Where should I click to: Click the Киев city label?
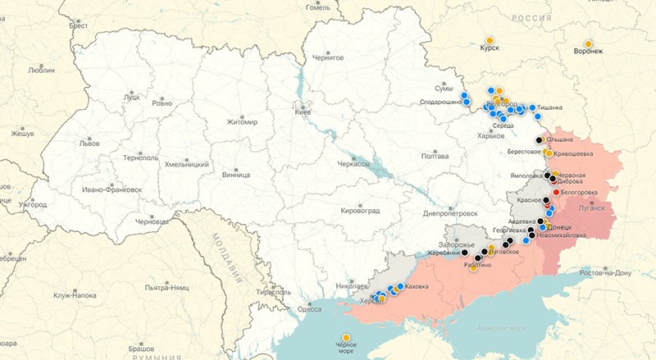click(x=302, y=112)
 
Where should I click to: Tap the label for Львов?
click(x=89, y=142)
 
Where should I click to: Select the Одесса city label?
click(x=309, y=309)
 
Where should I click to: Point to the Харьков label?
click(x=491, y=135)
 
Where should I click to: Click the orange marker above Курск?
click(x=490, y=39)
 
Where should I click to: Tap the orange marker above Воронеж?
click(x=588, y=43)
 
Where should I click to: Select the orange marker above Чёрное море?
click(x=346, y=337)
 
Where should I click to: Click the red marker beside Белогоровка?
click(x=556, y=192)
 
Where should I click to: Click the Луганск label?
click(x=590, y=208)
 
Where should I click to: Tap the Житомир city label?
click(x=243, y=122)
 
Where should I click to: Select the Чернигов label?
click(x=326, y=58)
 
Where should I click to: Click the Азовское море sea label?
click(x=499, y=329)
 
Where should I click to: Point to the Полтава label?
click(x=435, y=155)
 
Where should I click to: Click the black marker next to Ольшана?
click(x=539, y=140)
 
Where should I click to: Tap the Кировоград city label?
click(x=360, y=211)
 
